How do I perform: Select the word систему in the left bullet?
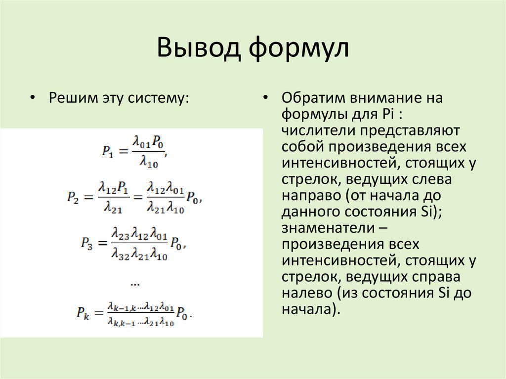[x=163, y=97]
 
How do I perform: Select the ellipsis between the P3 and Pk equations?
[x=135, y=284]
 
